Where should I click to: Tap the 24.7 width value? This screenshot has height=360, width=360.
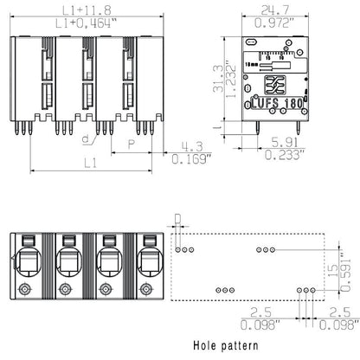click(277, 10)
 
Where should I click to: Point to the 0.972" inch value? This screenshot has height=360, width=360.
click(277, 23)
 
